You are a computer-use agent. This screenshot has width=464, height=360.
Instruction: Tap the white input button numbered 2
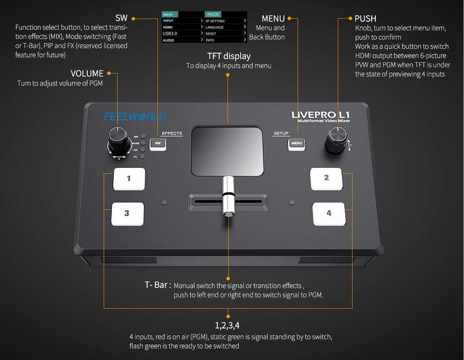click(x=326, y=179)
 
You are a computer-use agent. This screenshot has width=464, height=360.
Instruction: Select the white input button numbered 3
click(x=127, y=214)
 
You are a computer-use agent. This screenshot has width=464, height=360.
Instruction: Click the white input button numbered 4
click(x=329, y=213)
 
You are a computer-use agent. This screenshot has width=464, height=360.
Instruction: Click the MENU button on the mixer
click(x=296, y=143)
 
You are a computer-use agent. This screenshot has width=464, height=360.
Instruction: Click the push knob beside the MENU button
click(x=336, y=140)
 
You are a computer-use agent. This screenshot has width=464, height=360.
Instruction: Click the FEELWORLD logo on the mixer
click(x=135, y=116)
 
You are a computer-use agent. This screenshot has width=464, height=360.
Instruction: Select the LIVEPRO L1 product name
click(x=321, y=115)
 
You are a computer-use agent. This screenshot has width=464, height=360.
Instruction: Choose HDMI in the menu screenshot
click(x=168, y=27)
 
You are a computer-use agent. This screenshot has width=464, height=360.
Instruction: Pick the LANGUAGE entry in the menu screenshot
click(x=215, y=27)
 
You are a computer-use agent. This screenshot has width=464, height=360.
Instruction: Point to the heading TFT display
click(x=229, y=56)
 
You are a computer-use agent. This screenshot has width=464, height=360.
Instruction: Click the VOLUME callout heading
click(x=87, y=73)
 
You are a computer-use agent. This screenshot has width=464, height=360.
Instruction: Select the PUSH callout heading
click(x=365, y=19)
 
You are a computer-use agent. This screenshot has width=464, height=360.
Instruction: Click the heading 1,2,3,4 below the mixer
click(x=227, y=325)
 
